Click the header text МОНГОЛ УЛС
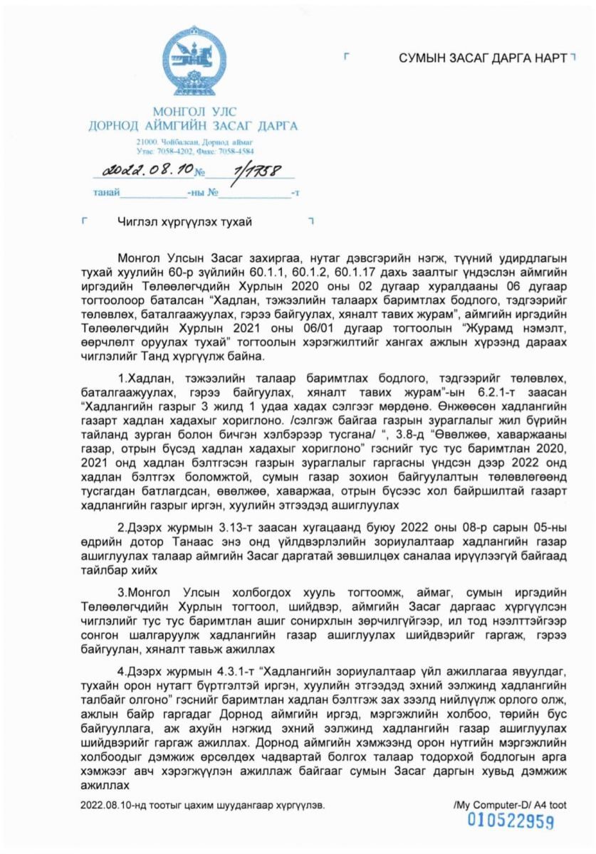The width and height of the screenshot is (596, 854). pyautogui.click(x=194, y=112)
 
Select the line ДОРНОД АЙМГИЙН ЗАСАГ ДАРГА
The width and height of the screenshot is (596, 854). pyautogui.click(x=193, y=126)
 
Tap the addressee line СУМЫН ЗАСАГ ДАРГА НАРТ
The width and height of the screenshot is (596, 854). pyautogui.click(x=482, y=58)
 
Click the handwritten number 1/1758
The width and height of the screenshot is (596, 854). pyautogui.click(x=249, y=171)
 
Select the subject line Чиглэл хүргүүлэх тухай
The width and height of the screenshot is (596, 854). pyautogui.click(x=184, y=222)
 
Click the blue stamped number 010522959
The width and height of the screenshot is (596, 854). pyautogui.click(x=510, y=821)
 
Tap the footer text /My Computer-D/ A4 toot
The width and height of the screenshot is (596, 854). pyautogui.click(x=509, y=805)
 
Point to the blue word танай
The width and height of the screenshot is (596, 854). pyautogui.click(x=106, y=192)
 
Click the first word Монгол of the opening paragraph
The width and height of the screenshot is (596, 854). pyautogui.click(x=138, y=256)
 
